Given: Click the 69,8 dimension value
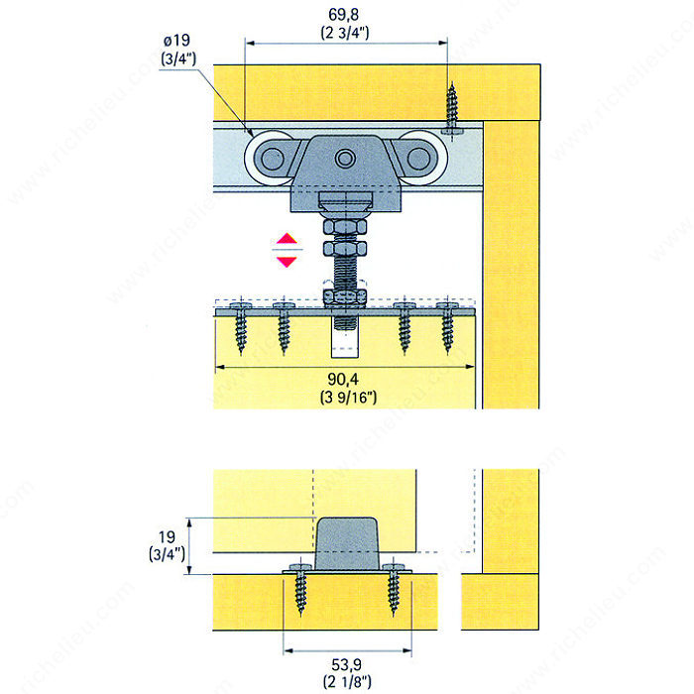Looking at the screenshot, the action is [x=343, y=15].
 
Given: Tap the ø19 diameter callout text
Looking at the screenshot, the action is [x=177, y=41].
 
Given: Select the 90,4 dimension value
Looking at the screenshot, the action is [x=343, y=379].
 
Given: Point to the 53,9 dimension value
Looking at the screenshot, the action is [x=347, y=664].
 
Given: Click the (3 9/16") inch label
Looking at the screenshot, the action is [x=348, y=397].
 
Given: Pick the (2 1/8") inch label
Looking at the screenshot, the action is [x=347, y=682].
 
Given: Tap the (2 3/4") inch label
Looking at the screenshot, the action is [x=345, y=33].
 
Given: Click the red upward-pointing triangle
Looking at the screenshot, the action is [x=287, y=239].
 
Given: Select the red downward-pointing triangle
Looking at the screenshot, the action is [x=287, y=262].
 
